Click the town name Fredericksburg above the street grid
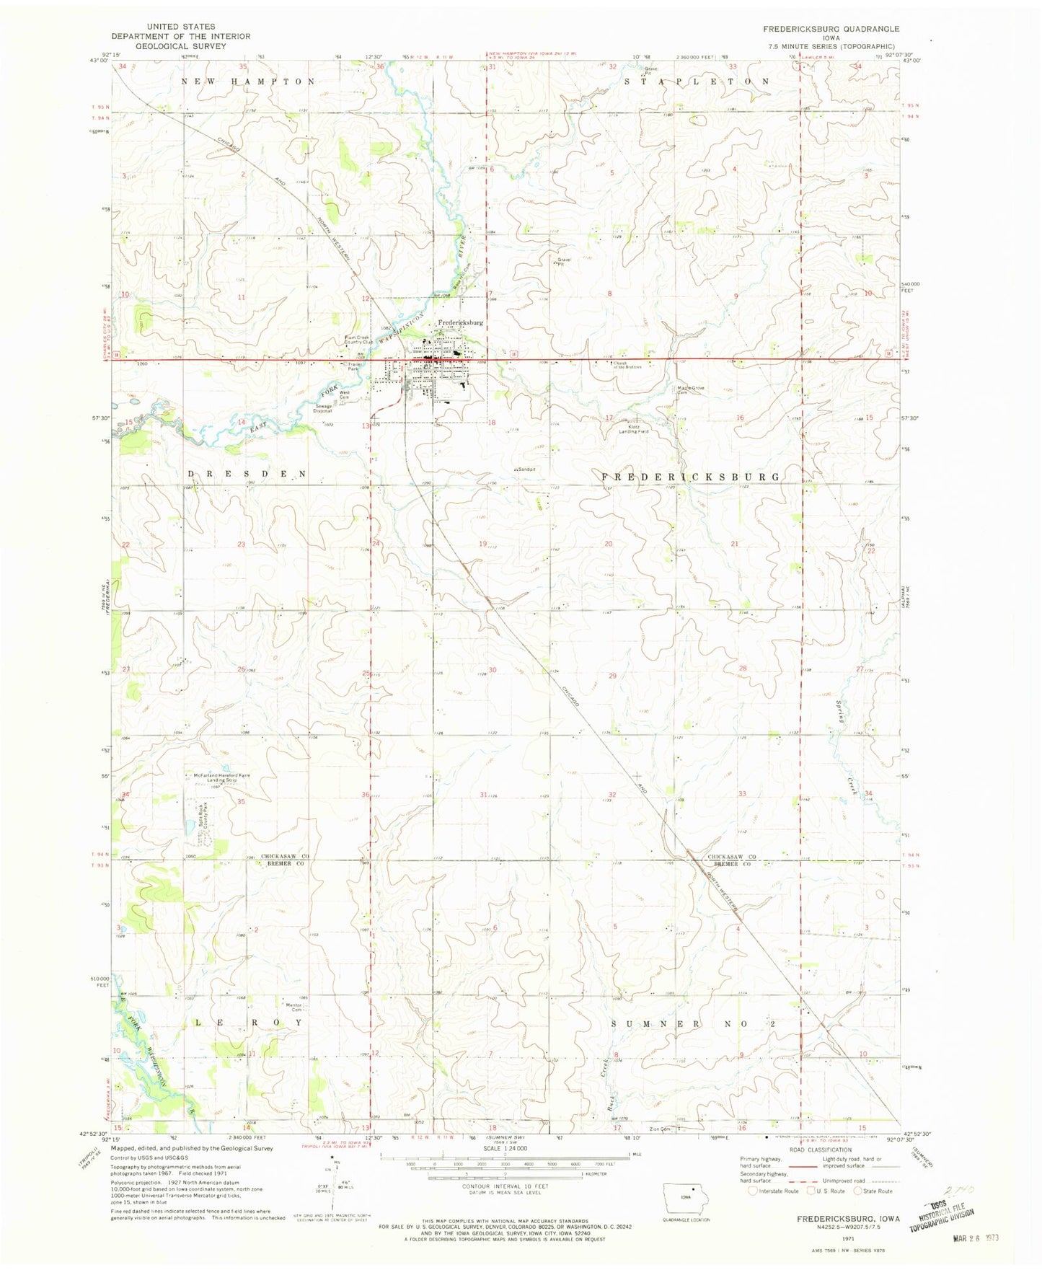pos(461,323)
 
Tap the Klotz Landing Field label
pos(634,429)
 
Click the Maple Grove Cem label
pos(689,390)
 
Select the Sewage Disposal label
pos(323,408)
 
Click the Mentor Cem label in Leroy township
pos(293,1007)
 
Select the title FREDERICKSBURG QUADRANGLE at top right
pos(831,29)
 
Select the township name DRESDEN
pos(247,474)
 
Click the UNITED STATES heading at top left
pos(170,26)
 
